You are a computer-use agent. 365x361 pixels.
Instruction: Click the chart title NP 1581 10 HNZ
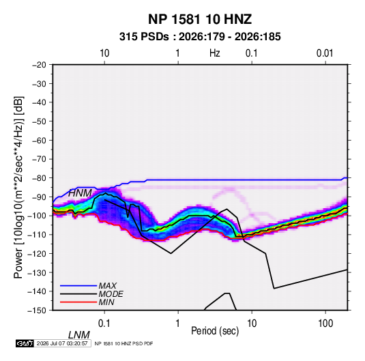(x=200, y=19)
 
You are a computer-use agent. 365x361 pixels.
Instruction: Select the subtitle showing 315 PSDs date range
(x=200, y=37)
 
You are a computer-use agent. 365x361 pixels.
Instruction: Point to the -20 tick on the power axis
(x=39, y=65)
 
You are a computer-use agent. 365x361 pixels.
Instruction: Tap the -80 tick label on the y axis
(x=39, y=178)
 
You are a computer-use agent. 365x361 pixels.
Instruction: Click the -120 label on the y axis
(x=38, y=253)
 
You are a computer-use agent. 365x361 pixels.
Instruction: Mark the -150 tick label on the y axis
(x=38, y=311)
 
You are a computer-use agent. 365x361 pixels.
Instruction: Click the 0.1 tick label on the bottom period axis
(x=104, y=323)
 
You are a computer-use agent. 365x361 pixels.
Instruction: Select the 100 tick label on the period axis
(x=325, y=323)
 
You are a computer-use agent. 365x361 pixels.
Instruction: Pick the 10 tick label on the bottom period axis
(x=252, y=323)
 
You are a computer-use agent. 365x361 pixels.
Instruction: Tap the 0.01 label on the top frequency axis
(x=325, y=53)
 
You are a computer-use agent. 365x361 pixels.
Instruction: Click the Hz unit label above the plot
(x=215, y=53)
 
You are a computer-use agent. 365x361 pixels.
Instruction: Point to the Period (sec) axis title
(x=215, y=331)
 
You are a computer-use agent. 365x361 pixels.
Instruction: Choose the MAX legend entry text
(x=108, y=286)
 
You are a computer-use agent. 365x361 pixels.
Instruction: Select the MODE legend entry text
(x=111, y=294)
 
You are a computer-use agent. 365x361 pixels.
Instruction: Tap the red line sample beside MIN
(x=78, y=302)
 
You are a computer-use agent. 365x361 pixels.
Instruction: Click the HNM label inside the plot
(x=80, y=193)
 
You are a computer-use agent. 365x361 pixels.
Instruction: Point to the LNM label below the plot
(x=79, y=335)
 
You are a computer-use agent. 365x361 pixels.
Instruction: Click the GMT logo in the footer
(x=25, y=343)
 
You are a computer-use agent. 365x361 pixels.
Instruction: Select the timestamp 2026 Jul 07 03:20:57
(x=62, y=343)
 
